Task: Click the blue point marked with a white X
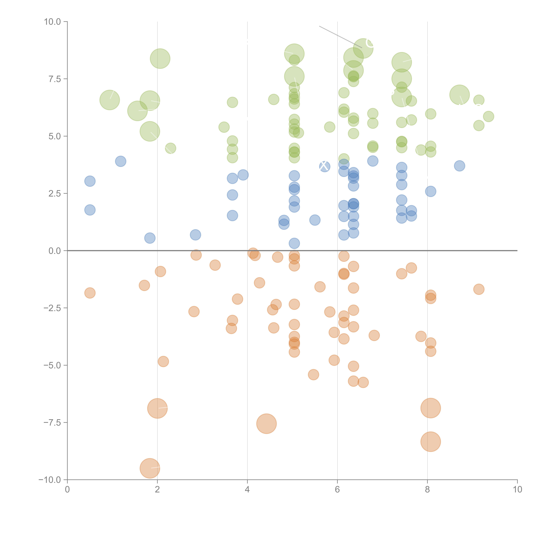[324, 167]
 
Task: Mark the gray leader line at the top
[340, 37]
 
